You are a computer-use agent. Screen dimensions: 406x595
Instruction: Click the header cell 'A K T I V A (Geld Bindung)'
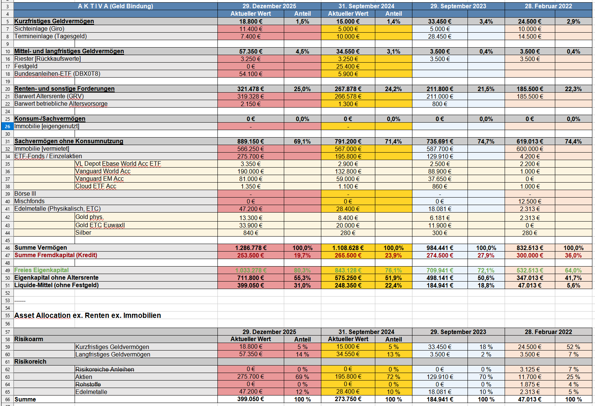pyautogui.click(x=115, y=6)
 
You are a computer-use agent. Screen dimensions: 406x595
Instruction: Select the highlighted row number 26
pyautogui.click(x=7, y=126)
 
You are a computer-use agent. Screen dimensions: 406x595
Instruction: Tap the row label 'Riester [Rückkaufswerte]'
pyautogui.click(x=48, y=59)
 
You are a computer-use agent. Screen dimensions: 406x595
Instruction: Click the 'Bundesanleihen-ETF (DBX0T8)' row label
pyautogui.click(x=57, y=74)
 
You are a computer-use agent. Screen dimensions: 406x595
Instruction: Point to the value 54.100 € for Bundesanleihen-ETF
pyautogui.click(x=250, y=74)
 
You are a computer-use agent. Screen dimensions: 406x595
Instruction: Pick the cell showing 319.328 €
pyautogui.click(x=250, y=96)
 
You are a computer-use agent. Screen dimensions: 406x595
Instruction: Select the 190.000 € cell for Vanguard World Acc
pyautogui.click(x=250, y=171)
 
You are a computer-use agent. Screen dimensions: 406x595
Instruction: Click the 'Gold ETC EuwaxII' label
pyautogui.click(x=100, y=225)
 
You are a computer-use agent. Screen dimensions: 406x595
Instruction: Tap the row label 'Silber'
pyautogui.click(x=83, y=233)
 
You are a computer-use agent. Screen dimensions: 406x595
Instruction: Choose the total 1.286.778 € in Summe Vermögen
pyautogui.click(x=250, y=248)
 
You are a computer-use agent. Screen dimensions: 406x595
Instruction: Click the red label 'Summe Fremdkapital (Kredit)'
pyautogui.click(x=55, y=255)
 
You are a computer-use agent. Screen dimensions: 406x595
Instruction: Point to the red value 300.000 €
pyautogui.click(x=529, y=255)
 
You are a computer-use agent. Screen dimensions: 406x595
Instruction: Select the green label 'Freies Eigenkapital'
pyautogui.click(x=41, y=270)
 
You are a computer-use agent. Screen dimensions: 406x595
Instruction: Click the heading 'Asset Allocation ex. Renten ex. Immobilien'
pyautogui.click(x=87, y=316)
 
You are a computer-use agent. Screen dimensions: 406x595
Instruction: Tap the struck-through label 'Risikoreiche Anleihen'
pyautogui.click(x=105, y=369)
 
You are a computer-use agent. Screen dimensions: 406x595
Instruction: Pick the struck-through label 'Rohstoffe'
pyautogui.click(x=88, y=384)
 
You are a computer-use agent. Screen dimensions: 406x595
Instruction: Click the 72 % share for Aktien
pyautogui.click(x=393, y=377)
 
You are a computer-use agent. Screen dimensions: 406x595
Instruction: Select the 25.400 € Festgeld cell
pyautogui.click(x=348, y=66)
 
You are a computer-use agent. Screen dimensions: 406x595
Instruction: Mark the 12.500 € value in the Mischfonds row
pyautogui.click(x=529, y=201)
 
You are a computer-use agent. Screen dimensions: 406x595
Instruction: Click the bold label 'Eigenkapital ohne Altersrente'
pyautogui.click(x=56, y=278)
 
